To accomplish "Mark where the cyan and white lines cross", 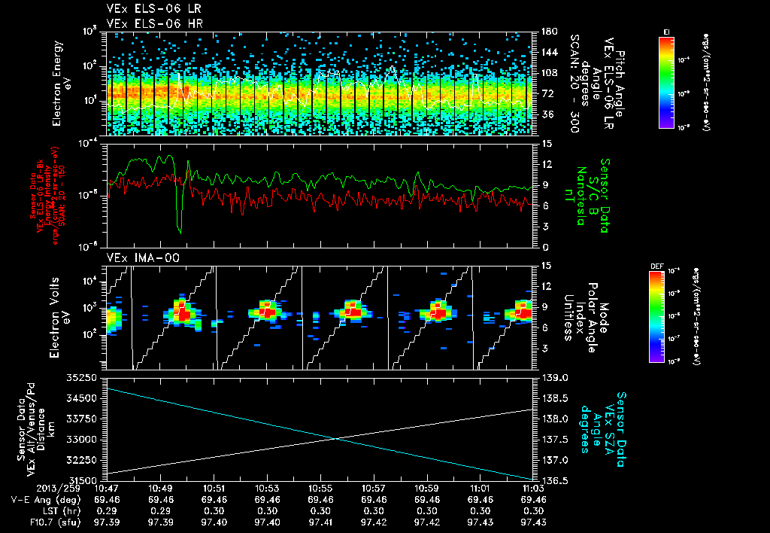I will pyautogui.click(x=335, y=438).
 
